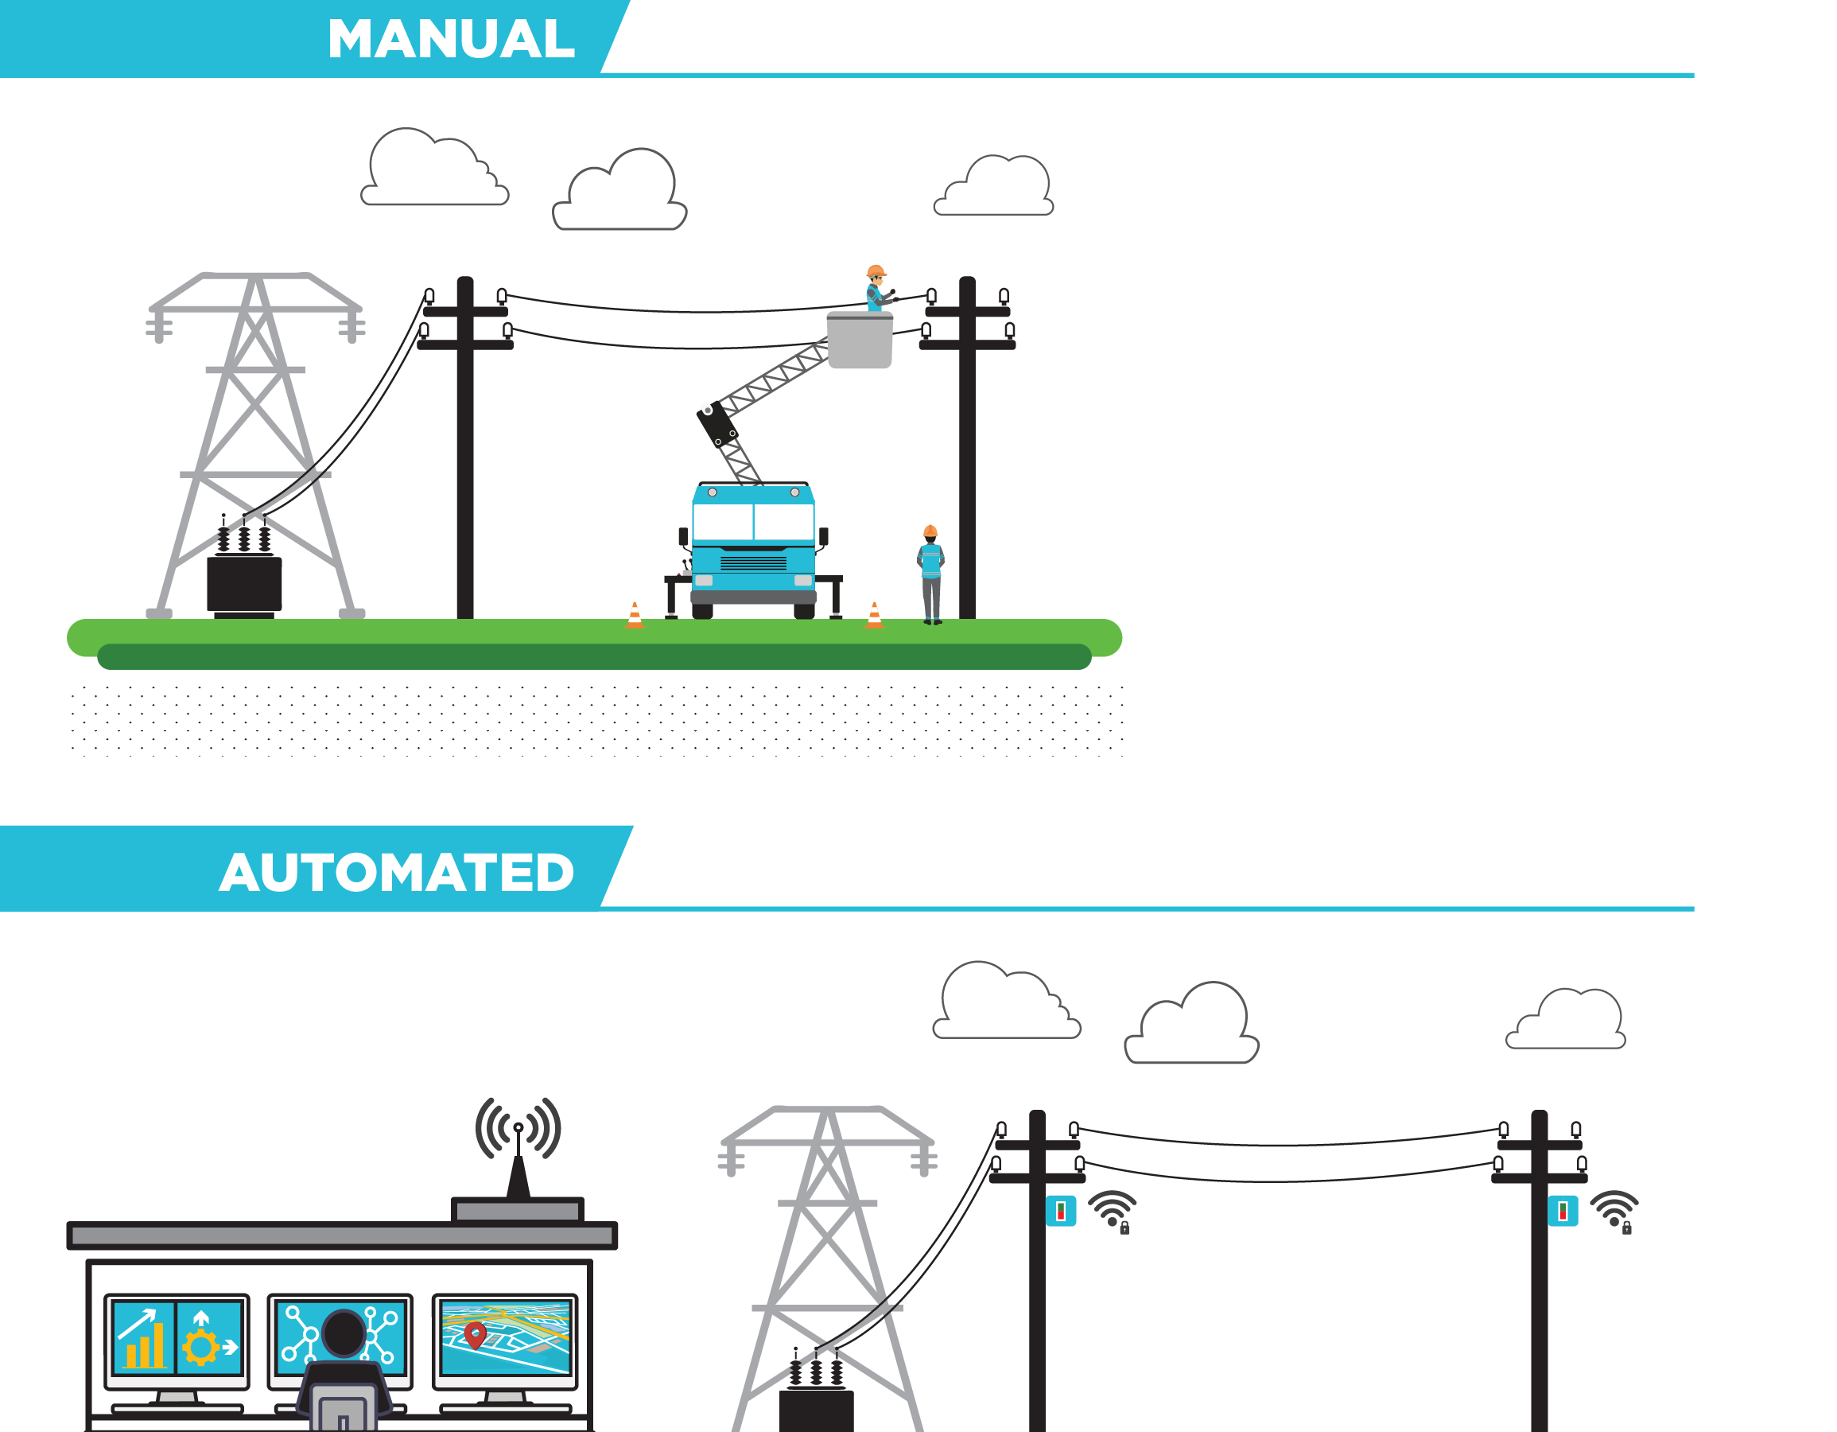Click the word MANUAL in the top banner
[x=451, y=39]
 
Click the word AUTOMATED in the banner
[x=397, y=873]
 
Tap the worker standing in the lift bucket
[x=876, y=290]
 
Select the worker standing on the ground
[x=930, y=574]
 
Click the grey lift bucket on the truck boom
[x=860, y=340]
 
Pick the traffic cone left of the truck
[x=635, y=616]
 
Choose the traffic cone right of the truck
[x=875, y=616]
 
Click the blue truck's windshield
[x=754, y=522]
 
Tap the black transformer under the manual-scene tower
[x=244, y=584]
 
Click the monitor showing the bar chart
[x=177, y=1338]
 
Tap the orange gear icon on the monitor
[x=201, y=1347]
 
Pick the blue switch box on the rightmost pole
[x=1563, y=1212]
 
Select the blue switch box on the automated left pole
[x=1061, y=1212]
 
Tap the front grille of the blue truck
[x=754, y=563]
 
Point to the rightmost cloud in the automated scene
[x=1567, y=1020]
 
